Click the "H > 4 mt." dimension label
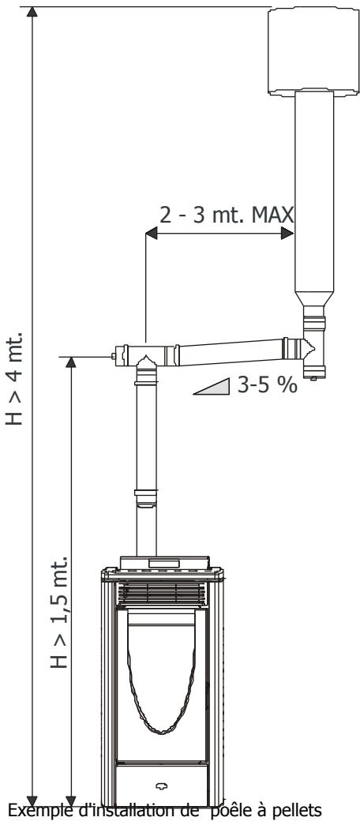(x=15, y=377)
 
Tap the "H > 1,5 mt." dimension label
(x=59, y=612)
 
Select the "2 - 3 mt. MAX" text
(x=227, y=215)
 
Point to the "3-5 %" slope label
(x=267, y=385)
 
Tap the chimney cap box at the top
(x=313, y=51)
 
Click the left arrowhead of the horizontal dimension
(x=152, y=234)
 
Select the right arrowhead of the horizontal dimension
(x=287, y=234)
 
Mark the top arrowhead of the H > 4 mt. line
(x=32, y=12)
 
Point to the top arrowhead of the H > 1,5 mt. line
(x=70, y=362)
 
